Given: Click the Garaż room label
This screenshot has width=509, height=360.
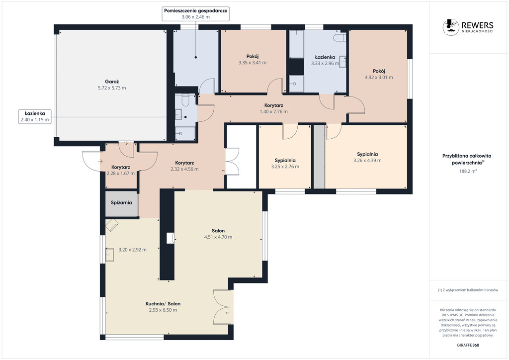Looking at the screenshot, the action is pos(112,82).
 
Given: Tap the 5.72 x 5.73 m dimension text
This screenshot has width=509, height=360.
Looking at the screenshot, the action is pos(112,88).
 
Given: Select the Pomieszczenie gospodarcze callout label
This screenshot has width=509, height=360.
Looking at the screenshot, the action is pos(195,13).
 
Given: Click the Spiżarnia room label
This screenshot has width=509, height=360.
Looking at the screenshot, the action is pos(121,202).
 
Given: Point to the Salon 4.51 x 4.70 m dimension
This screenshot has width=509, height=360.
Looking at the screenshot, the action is pos(218,237).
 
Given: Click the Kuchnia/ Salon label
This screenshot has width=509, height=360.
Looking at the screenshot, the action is pos(163,303).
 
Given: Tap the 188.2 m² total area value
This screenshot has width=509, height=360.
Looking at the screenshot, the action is pos(468,171).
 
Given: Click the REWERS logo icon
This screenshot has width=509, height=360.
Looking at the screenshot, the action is pos(450,27).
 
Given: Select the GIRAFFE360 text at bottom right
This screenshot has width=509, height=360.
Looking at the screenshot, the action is pos(468,345).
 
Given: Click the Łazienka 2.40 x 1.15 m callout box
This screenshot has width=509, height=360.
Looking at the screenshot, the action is pos(35,116).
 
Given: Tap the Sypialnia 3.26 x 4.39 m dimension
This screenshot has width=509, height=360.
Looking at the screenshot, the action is pos(367,161).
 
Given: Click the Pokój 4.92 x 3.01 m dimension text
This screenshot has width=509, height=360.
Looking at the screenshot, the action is pos(379,77).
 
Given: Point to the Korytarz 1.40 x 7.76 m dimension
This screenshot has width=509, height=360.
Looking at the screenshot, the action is pos(274,111).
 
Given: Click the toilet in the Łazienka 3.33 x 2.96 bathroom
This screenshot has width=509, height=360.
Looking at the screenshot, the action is pos(339,37).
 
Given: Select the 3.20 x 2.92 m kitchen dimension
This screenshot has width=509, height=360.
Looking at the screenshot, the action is pos(132,250).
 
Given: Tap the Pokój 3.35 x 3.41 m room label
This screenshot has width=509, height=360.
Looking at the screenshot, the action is pos(252,56).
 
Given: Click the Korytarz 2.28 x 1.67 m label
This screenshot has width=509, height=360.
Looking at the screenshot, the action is pos(121,167).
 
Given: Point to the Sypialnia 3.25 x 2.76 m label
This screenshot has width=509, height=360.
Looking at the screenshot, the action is pos(285,161).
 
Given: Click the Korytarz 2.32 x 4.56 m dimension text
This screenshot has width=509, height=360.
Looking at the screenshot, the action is pos(184,169).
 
